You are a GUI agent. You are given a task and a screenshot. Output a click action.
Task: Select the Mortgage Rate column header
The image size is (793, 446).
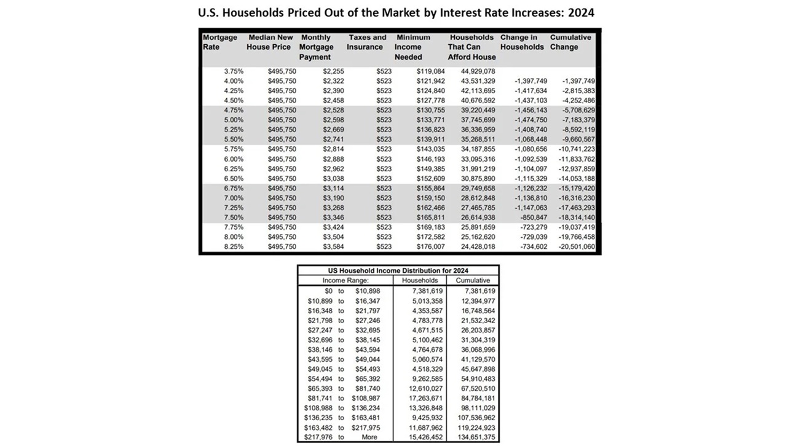(x=219, y=42)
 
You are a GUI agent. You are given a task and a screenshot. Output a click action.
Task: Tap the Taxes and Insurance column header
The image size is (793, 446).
(x=367, y=42)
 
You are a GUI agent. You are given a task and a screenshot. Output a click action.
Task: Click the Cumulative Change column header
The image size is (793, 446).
(x=570, y=42)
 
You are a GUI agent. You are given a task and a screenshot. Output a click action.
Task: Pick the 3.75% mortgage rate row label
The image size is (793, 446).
(x=234, y=71)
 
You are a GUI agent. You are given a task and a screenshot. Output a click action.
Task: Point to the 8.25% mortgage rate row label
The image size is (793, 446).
(x=234, y=246)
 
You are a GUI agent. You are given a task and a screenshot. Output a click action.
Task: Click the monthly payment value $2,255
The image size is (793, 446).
(x=332, y=71)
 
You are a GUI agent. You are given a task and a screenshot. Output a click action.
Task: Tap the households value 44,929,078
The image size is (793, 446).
(x=478, y=71)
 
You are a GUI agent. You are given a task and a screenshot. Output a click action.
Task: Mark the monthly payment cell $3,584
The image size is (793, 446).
(x=332, y=246)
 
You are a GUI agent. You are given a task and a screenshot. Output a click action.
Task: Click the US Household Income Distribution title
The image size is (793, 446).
(x=398, y=270)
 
